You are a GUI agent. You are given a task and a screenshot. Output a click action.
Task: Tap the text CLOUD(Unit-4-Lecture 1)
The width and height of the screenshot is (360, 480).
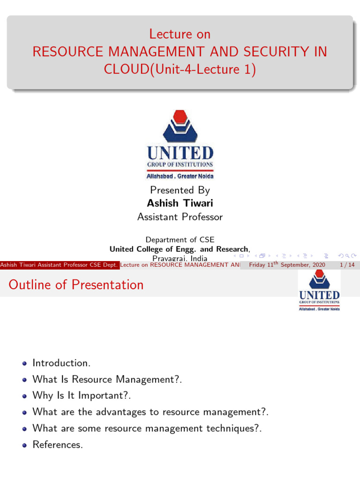pyautogui.click(x=180, y=69)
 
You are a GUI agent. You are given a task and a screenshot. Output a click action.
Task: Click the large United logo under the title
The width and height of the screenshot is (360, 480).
pyautogui.click(x=180, y=145)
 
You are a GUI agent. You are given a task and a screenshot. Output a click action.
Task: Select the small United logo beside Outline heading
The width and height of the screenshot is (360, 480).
pyautogui.click(x=319, y=291)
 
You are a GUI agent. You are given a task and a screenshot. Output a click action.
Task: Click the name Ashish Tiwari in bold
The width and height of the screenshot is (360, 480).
pyautogui.click(x=180, y=203)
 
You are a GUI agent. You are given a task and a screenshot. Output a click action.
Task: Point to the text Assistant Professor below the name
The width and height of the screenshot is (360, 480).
pyautogui.click(x=180, y=217)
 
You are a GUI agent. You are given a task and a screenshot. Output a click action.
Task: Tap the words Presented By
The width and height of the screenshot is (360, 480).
pyautogui.click(x=180, y=190)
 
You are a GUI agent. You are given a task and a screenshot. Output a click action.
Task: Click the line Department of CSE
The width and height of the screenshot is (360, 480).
pyautogui.click(x=180, y=240)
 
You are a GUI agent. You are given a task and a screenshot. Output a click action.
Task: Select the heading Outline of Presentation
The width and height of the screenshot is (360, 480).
pyautogui.click(x=76, y=285)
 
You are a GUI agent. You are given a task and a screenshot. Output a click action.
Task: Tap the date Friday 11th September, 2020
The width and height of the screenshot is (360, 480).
pyautogui.click(x=287, y=265)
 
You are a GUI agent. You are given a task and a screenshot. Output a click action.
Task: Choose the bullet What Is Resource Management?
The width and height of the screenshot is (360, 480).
pyautogui.click(x=107, y=379)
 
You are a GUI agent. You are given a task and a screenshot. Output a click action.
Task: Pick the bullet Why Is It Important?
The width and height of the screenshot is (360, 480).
pyautogui.click(x=82, y=396)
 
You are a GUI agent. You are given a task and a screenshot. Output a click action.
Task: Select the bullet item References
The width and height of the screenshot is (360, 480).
pyautogui.click(x=58, y=445)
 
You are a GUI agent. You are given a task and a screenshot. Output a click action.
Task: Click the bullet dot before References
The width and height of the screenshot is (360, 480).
pyautogui.click(x=24, y=445)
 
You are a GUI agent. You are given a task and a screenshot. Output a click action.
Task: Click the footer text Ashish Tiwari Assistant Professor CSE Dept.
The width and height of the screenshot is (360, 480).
pyautogui.click(x=60, y=265)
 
